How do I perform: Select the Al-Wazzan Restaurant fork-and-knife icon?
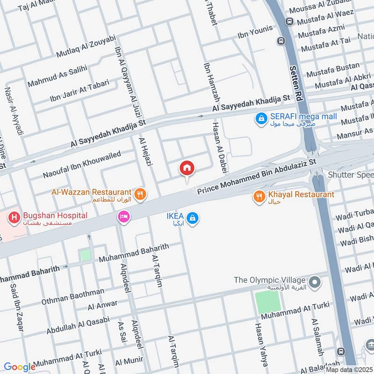[x=139, y=193]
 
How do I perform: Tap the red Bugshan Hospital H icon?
[x=14, y=217]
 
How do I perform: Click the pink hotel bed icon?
[x=124, y=216]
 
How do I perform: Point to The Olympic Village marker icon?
[x=315, y=282]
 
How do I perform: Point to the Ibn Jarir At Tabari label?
[x=79, y=91]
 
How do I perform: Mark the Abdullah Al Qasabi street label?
[x=78, y=324]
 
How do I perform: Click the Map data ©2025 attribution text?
[x=349, y=369]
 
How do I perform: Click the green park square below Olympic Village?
[x=268, y=302]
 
